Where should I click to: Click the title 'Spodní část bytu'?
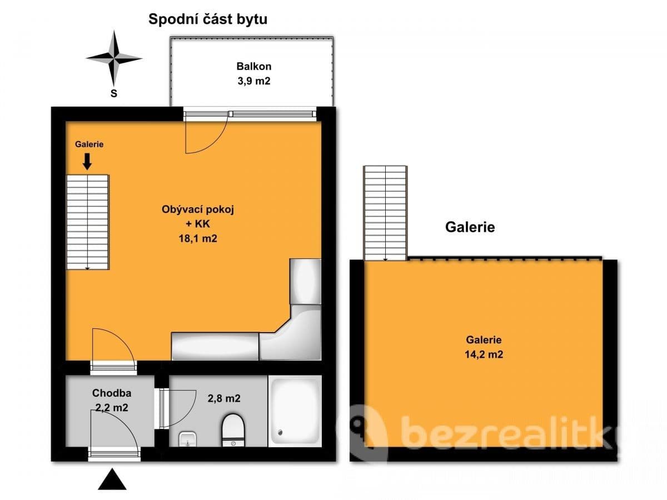(208, 19)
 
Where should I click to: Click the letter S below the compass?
(114, 93)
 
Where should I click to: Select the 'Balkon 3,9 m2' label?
(253, 73)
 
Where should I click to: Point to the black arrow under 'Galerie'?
(87, 162)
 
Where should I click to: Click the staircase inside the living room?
(87, 222)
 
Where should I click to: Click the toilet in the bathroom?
(233, 431)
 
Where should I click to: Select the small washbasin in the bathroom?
(187, 440)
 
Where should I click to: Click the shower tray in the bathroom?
(295, 411)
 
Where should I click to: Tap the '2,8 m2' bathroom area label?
(225, 398)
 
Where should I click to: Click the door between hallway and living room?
(113, 347)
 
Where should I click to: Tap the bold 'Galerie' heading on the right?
(470, 227)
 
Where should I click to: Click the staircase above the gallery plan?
(385, 213)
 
